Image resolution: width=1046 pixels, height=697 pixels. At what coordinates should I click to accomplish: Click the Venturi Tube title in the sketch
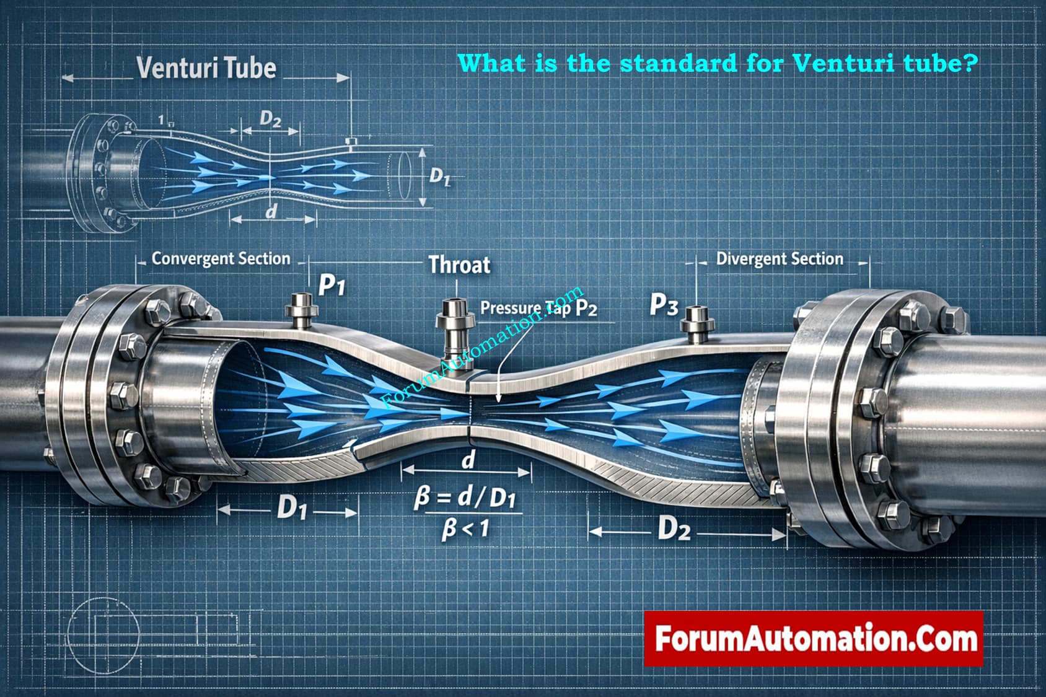pyautogui.click(x=206, y=68)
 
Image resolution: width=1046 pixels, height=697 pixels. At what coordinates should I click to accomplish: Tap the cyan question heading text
pyautogui.click(x=718, y=63)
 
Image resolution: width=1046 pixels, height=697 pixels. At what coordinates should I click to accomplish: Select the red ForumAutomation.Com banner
pyautogui.click(x=813, y=638)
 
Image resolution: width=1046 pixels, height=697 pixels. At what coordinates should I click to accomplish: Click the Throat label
pyautogui.click(x=459, y=265)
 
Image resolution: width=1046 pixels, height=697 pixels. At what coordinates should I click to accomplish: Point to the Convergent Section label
pyautogui.click(x=221, y=258)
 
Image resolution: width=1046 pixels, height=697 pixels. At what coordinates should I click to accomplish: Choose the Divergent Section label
pyautogui.click(x=780, y=258)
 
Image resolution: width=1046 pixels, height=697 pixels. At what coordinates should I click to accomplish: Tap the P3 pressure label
pyautogui.click(x=664, y=305)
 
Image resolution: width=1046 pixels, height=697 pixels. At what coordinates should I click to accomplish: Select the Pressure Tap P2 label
pyautogui.click(x=538, y=308)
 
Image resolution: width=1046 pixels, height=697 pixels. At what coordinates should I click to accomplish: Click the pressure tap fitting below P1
pyautogui.click(x=302, y=310)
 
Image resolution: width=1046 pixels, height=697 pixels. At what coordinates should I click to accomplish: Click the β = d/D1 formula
pyautogui.click(x=465, y=499)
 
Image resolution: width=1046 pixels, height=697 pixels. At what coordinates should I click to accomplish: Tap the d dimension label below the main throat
pyautogui.click(x=468, y=460)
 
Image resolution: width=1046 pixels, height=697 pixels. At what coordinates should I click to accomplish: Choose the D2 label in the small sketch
pyautogui.click(x=270, y=118)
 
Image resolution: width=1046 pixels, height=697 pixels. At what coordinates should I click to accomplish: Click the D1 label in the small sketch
pyautogui.click(x=439, y=177)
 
